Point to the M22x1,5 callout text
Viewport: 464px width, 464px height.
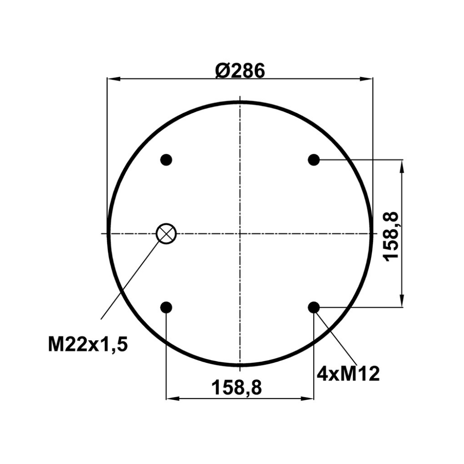tap(88, 344)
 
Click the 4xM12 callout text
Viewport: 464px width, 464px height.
tap(348, 374)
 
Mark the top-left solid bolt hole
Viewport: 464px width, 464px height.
tap(166, 160)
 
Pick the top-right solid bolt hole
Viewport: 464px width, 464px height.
tap(314, 160)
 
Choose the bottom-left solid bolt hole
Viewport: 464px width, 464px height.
tap(166, 308)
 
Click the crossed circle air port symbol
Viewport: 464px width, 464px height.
tap(166, 234)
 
